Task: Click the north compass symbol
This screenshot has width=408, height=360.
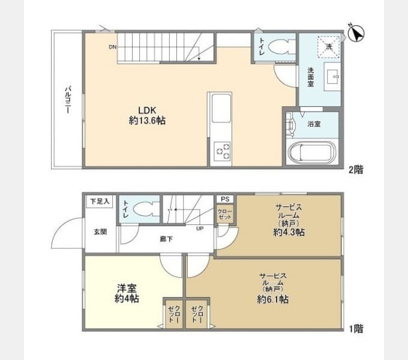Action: click(x=356, y=33)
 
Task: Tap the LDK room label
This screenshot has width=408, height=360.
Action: click(x=147, y=110)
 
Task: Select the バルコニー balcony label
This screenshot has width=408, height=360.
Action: click(x=68, y=100)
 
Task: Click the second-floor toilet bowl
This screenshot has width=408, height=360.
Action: click(x=282, y=47)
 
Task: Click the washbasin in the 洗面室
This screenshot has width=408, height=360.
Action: click(x=332, y=76)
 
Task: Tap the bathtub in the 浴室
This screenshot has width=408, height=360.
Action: click(x=312, y=151)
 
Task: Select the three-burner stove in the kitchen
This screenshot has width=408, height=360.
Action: click(x=223, y=152)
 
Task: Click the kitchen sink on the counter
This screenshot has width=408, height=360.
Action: click(x=221, y=108)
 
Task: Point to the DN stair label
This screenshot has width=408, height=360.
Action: click(x=112, y=47)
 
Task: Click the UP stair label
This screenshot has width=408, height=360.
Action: click(x=200, y=229)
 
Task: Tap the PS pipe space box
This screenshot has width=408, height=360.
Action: click(x=225, y=199)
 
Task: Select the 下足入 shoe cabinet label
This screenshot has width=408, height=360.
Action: click(x=100, y=201)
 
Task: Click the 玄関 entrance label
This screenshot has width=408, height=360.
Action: click(x=100, y=232)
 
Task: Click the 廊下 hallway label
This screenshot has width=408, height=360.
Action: click(x=166, y=239)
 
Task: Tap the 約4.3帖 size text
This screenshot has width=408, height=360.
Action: click(x=289, y=232)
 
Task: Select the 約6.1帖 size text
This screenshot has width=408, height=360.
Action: click(x=272, y=299)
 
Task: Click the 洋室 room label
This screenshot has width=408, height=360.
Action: click(x=127, y=288)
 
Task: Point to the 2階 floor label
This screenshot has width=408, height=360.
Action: click(x=356, y=170)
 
